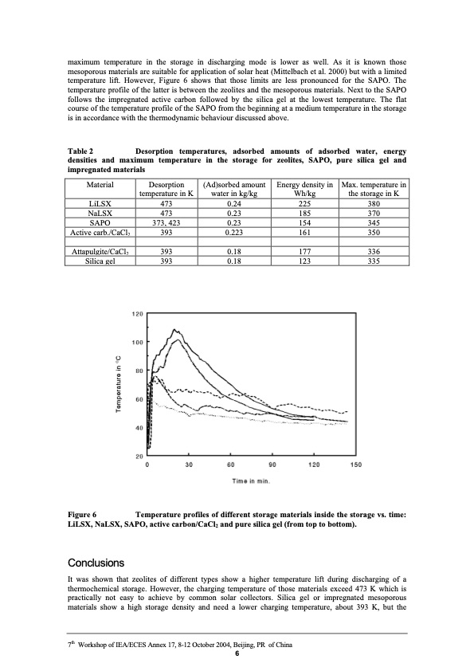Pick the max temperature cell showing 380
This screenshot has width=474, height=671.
coord(374,202)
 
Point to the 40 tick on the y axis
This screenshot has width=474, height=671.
coord(139,428)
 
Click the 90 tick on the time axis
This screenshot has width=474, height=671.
coord(272,465)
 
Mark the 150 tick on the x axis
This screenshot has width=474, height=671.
coord(355,465)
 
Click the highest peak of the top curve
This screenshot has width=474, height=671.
coord(173,329)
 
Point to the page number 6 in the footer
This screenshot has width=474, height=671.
coord(237,655)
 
